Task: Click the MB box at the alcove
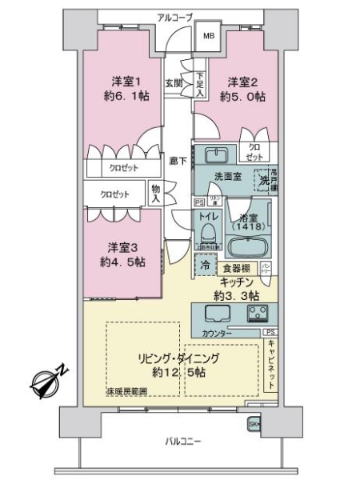(208, 36)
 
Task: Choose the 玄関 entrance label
(174, 82)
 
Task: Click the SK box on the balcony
(254, 424)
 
